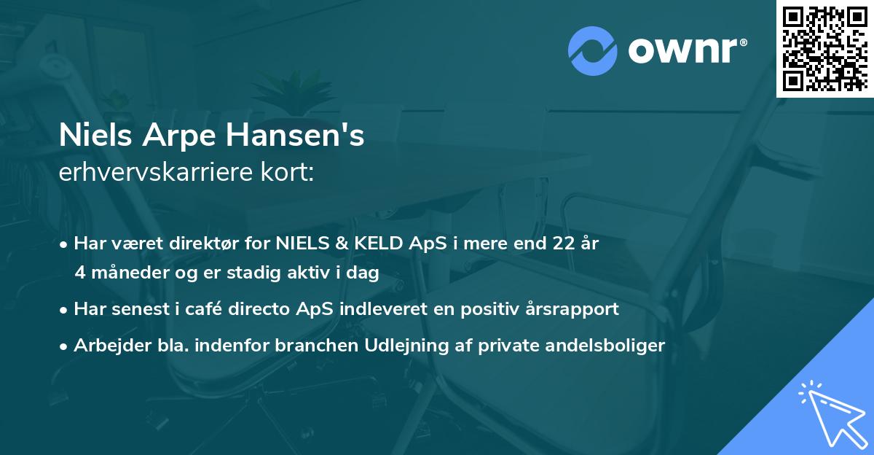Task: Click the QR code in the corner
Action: click(825, 48)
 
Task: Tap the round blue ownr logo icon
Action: click(593, 51)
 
